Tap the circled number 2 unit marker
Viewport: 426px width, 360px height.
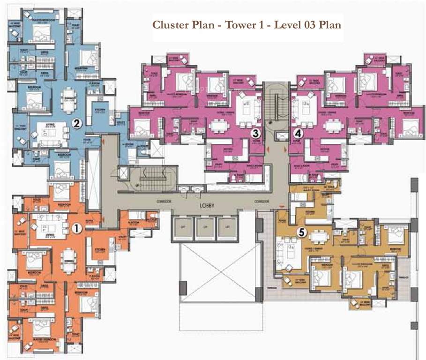tap(77, 124)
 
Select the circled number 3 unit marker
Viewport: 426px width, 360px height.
tap(255, 133)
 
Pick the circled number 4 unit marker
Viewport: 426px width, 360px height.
tap(299, 133)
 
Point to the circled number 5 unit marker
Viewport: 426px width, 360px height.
tap(302, 232)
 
